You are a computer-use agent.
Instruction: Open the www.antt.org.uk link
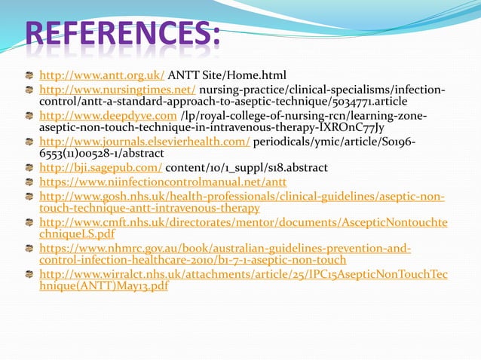pyautogui.click(x=102, y=75)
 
